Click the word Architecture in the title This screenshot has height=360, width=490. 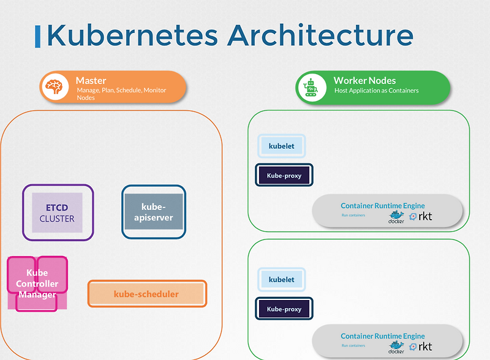pyautogui.click(x=320, y=35)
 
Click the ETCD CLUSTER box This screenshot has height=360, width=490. pyautogui.click(x=57, y=212)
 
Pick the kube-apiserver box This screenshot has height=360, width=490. pyautogui.click(x=153, y=212)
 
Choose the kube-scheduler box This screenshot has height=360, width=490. pyautogui.click(x=146, y=294)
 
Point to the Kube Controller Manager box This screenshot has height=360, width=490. pyautogui.click(x=37, y=283)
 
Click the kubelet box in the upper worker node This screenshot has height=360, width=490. pyautogui.click(x=281, y=146)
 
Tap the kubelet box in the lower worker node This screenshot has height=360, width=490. pyautogui.click(x=281, y=279)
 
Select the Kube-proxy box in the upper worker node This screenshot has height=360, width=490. pyautogui.click(x=284, y=176)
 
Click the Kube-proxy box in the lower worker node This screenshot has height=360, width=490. pyautogui.click(x=284, y=309)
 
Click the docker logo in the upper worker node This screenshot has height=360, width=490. pyautogui.click(x=396, y=217)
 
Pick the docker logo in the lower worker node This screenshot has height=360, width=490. pyautogui.click(x=396, y=347)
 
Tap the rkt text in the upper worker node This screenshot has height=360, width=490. pyautogui.click(x=424, y=216)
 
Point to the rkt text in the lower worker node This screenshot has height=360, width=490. pyautogui.click(x=424, y=347)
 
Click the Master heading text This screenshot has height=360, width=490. pyautogui.click(x=91, y=80)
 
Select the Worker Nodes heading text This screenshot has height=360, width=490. pyautogui.click(x=364, y=80)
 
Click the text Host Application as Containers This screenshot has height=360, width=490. pyautogui.click(x=376, y=91)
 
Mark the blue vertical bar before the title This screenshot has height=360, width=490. pyautogui.click(x=39, y=37)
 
